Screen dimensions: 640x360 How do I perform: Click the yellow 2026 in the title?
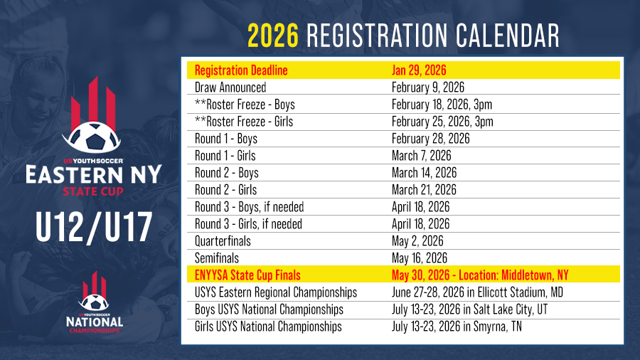tap(273, 36)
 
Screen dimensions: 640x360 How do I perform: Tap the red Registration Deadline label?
tap(241, 70)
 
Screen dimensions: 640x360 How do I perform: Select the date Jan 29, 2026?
tap(419, 70)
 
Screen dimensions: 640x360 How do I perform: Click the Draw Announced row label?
tap(230, 88)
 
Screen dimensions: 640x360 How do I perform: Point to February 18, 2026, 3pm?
tap(442, 105)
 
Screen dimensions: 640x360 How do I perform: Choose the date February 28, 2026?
tap(431, 139)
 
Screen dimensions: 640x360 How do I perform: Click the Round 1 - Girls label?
tap(225, 156)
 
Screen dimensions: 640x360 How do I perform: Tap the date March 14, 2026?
tap(424, 173)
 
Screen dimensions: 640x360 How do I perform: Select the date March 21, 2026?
tap(424, 190)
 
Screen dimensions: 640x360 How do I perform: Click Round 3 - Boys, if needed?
tap(249, 207)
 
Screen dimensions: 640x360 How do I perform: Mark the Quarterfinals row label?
tap(223, 241)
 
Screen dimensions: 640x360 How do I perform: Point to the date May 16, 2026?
tap(419, 258)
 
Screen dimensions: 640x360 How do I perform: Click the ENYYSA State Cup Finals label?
tap(247, 275)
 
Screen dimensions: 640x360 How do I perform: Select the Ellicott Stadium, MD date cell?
tap(477, 292)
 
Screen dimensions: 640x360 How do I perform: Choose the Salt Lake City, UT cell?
tap(469, 309)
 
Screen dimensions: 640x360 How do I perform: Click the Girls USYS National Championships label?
tap(268, 327)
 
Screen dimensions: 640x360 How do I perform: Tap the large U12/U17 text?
tap(94, 228)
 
